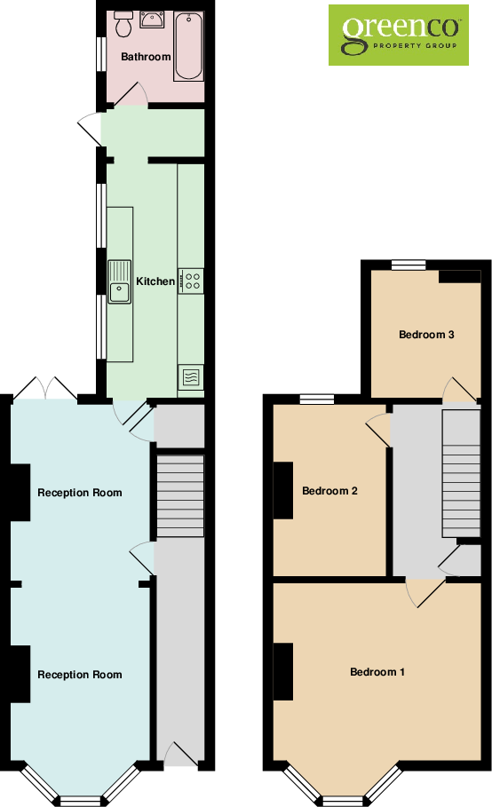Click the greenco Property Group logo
[399, 35]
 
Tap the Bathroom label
[146, 57]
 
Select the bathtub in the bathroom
[188, 46]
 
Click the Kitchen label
[155, 281]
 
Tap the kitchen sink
[119, 281]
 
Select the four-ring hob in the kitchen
[191, 281]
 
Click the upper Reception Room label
[80, 493]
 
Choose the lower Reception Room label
[80, 675]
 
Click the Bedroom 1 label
[377, 672]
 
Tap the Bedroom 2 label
[329, 490]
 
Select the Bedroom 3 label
[426, 335]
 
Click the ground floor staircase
[180, 497]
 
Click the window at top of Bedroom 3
[409, 263]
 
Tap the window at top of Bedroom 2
[316, 399]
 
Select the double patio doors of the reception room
[44, 389]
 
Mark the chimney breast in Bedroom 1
[283, 671]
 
